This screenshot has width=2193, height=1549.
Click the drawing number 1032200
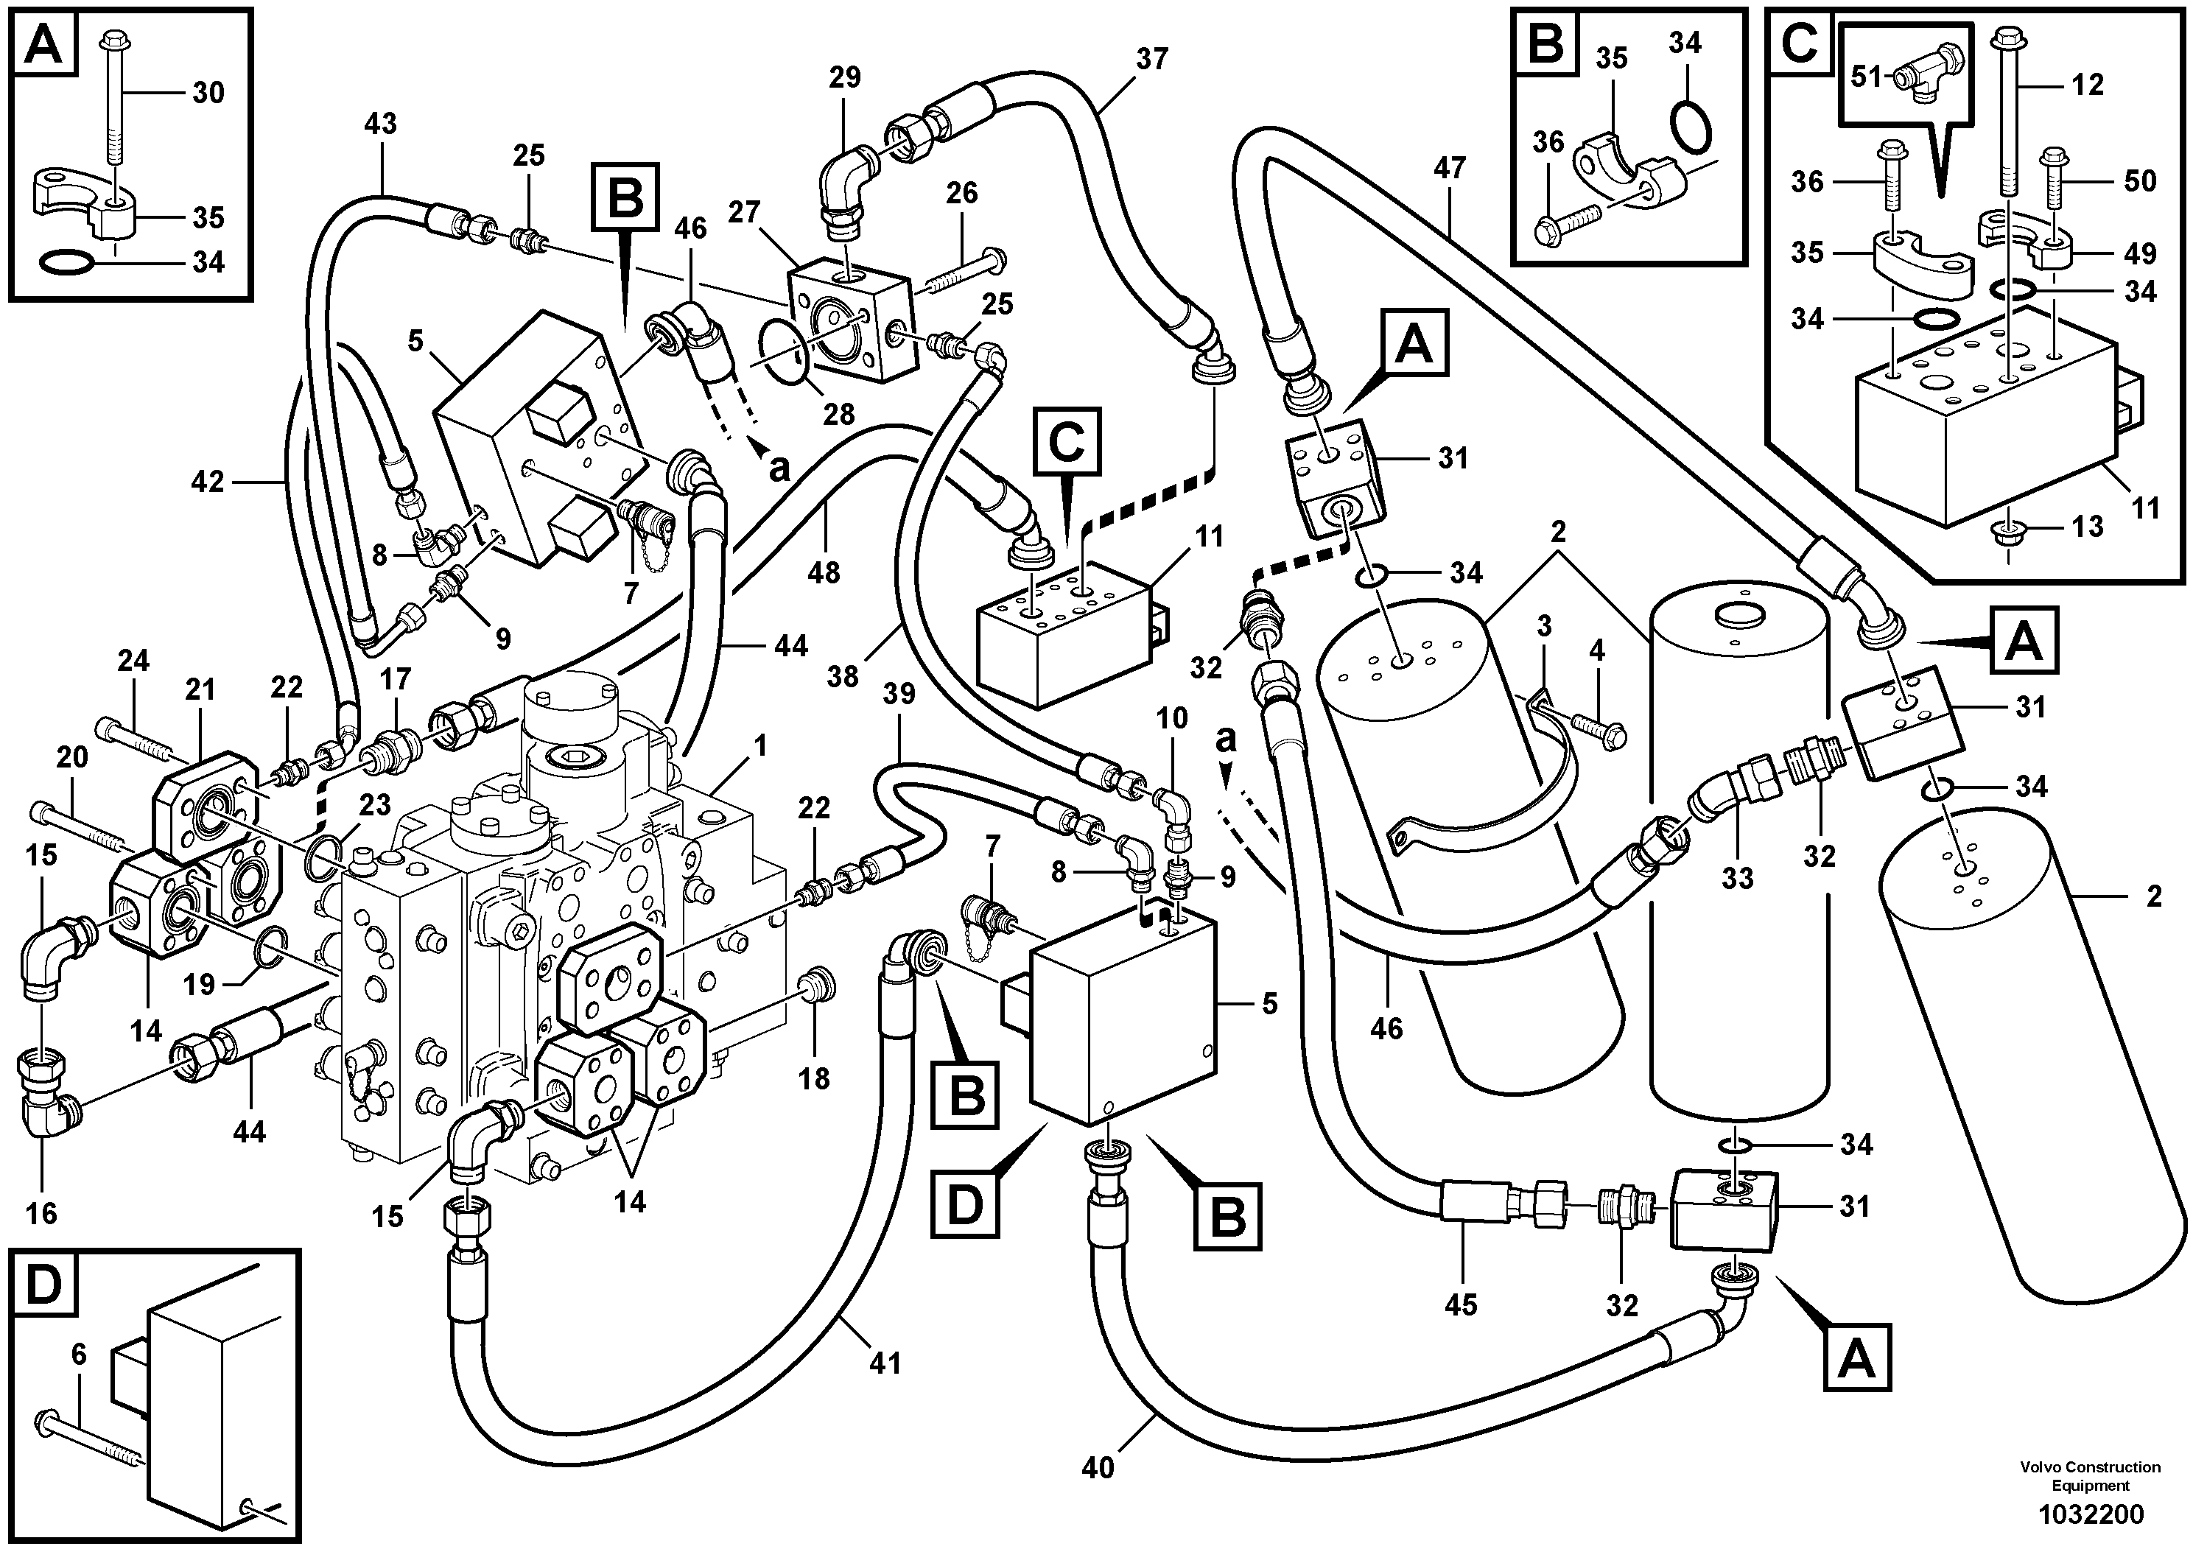[2091, 1514]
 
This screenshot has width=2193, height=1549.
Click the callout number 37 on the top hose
[1152, 59]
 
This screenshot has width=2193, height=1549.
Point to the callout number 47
[1449, 169]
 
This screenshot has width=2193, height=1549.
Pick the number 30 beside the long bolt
[208, 93]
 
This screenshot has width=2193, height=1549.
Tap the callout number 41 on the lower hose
[885, 1363]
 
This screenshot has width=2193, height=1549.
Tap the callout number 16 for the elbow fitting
[42, 1214]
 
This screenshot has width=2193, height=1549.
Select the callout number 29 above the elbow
[844, 77]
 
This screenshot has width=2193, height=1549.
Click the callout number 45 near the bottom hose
[1462, 1304]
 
